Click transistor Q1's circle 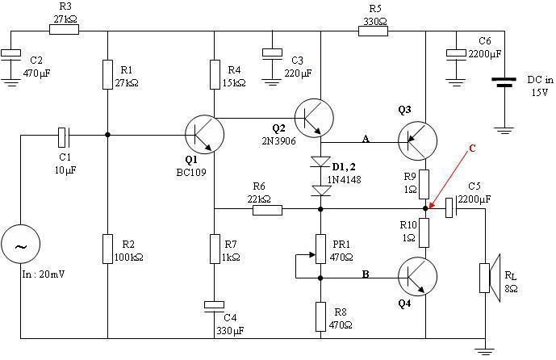pos(205,134)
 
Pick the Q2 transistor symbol pos(312,118)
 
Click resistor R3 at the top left pos(64,30)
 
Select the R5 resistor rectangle pos(373,30)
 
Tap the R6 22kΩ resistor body pos(267,211)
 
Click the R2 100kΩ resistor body pos(107,248)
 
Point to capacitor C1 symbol pos(65,135)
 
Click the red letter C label pos(473,148)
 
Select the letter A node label pos(366,139)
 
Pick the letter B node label pos(366,274)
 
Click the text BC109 pos(192,172)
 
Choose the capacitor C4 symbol pos(214,304)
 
